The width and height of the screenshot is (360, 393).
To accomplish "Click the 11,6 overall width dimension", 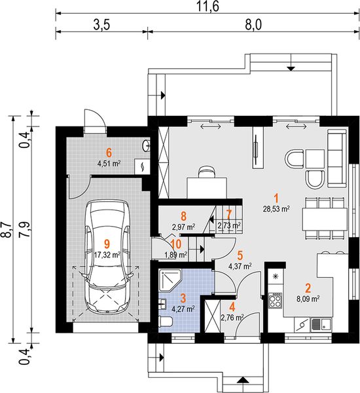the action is click(207, 6).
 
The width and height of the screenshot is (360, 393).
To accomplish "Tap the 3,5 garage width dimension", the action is click(101, 25).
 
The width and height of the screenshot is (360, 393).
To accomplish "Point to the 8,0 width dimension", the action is click(253, 25).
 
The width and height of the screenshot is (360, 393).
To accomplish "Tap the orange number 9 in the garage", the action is click(107, 244).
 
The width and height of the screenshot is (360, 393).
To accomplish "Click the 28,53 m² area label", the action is click(277, 208).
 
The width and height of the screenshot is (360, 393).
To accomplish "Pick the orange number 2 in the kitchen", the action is click(308, 288).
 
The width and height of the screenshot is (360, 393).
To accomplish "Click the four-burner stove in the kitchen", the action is click(276, 300).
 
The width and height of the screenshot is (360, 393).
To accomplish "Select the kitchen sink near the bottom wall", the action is click(321, 325).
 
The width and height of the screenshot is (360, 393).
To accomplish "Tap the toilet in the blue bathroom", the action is click(166, 322).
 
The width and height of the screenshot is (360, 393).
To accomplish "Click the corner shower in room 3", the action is click(170, 280).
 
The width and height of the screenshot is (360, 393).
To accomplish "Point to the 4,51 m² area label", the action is click(109, 164).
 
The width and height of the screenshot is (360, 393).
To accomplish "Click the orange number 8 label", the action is click(184, 215).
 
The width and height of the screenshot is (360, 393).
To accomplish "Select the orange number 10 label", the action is click(175, 244).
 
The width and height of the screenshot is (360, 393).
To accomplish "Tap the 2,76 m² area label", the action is click(232, 318).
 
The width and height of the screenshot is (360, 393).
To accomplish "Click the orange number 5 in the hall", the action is click(240, 255).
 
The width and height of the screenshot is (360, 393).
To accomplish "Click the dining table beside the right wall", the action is click(325, 219).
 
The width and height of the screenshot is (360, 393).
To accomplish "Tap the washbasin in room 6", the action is click(146, 145).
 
